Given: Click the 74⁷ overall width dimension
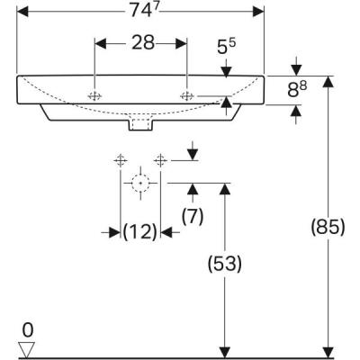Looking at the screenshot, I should pyautogui.click(x=141, y=12).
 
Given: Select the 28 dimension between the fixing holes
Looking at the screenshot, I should pyautogui.click(x=141, y=42).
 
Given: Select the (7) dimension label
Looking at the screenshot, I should pyautogui.click(x=191, y=215).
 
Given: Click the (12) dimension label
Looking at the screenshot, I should pyautogui.click(x=139, y=232).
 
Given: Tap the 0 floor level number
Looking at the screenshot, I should pyautogui.click(x=28, y=328).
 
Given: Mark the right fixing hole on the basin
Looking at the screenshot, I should pyautogui.click(x=187, y=95).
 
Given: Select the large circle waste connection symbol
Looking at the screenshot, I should pyautogui.click(x=139, y=184).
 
